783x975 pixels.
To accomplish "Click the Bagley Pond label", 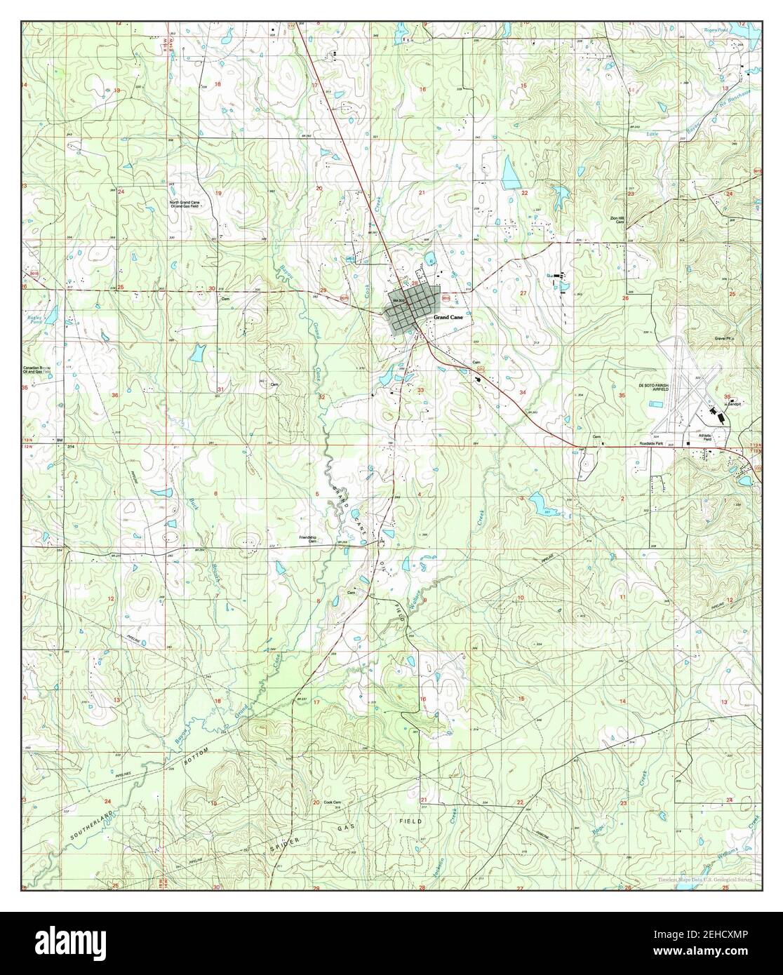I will [33, 318].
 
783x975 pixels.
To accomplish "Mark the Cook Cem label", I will [332, 802].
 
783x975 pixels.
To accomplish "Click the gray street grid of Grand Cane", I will [413, 309].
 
